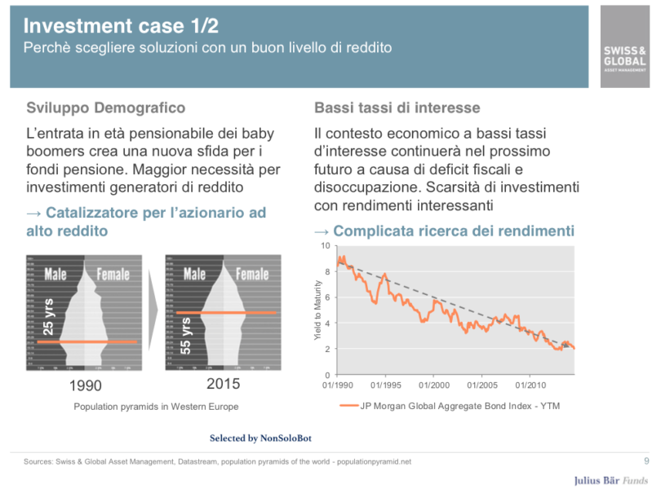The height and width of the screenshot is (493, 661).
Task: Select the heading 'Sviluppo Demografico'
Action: tap(106, 108)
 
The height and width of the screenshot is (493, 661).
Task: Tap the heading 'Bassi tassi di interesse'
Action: tap(397, 108)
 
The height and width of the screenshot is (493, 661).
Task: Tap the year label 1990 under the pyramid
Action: tap(86, 385)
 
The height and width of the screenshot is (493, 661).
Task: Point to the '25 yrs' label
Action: tap(48, 318)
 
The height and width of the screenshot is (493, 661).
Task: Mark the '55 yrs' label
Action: tap(187, 336)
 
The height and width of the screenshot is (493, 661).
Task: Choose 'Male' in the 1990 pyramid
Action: tap(56, 274)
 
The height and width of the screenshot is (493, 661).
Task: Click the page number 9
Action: tap(646, 461)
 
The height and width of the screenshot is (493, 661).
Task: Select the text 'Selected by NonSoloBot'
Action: tap(260, 438)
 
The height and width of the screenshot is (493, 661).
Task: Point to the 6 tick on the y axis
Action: tap(328, 297)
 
